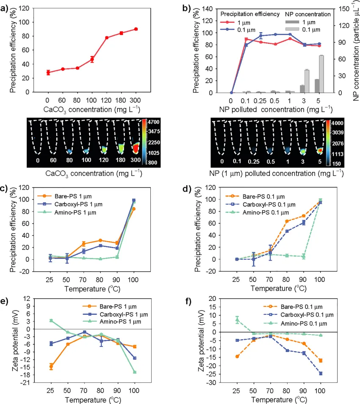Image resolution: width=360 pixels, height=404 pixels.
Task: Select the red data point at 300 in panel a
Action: tap(136, 29)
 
